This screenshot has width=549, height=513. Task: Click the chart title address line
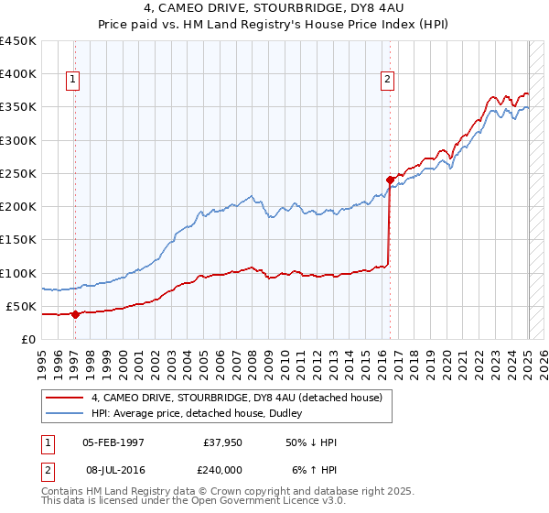274,9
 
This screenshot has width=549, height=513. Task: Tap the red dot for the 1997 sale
76,314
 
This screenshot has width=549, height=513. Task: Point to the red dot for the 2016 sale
391,180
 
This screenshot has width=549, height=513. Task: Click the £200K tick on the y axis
18,207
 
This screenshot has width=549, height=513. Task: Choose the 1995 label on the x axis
42,358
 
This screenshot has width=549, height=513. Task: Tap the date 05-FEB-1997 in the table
113,442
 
